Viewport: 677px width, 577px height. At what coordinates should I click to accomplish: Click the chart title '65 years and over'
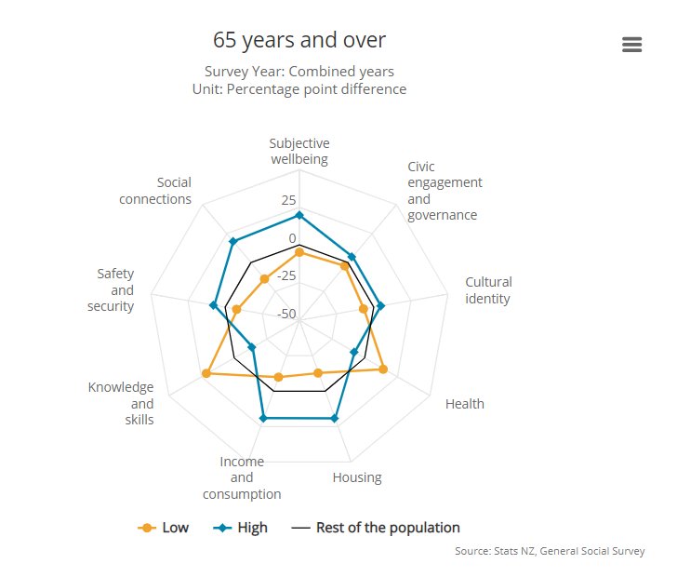click(299, 40)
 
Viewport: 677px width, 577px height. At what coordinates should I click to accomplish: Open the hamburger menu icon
click(632, 45)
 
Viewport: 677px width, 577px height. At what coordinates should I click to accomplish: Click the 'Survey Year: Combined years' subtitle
click(299, 72)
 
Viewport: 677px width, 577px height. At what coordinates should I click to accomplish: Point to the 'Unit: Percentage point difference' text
click(299, 89)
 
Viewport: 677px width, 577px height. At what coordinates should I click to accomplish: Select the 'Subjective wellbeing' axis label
click(299, 151)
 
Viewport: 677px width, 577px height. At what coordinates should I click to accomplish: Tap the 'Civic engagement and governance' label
click(445, 191)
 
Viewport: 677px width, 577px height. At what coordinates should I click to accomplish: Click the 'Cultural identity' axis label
click(488, 290)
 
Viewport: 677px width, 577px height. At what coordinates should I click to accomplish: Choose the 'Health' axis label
click(464, 404)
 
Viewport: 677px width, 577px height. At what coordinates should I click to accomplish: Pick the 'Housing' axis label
click(357, 477)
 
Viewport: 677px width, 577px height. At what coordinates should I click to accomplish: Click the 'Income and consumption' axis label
click(242, 477)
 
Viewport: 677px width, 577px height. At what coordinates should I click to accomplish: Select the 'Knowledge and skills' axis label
click(121, 403)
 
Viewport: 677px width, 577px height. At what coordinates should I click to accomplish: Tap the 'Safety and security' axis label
click(115, 289)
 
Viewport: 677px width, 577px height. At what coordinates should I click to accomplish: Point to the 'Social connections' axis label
click(155, 191)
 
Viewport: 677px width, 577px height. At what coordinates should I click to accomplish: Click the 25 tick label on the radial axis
click(288, 200)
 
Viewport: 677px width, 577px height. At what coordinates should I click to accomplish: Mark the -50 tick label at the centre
click(285, 314)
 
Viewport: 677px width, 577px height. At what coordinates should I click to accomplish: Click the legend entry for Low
click(164, 528)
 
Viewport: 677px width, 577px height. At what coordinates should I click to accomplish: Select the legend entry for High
click(241, 528)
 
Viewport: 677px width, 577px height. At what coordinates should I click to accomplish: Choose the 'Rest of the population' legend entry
click(376, 528)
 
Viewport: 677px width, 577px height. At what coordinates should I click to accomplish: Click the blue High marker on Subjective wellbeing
click(299, 215)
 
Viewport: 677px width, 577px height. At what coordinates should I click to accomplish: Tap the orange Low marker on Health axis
click(382, 369)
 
